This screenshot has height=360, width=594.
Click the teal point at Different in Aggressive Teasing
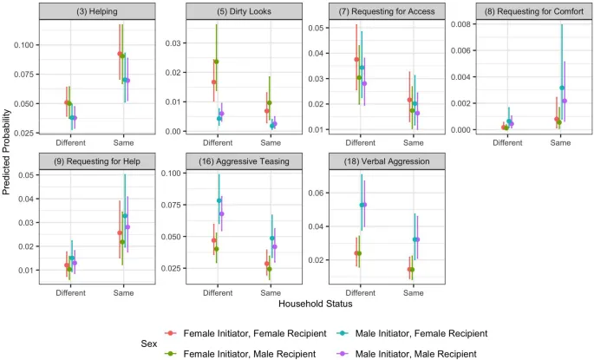click(x=219, y=201)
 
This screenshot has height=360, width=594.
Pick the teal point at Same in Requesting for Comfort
click(x=562, y=88)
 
